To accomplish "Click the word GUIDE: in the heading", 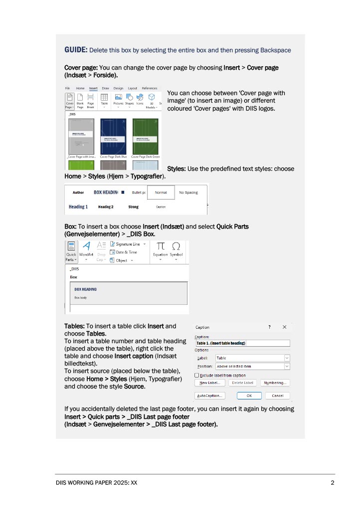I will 76,50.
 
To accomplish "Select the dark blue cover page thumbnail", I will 113,136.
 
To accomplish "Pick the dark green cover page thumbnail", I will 146,136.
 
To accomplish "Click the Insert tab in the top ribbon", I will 93,88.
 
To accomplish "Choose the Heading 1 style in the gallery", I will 78,207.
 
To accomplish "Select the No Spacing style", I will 188,192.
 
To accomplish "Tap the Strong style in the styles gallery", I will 133,207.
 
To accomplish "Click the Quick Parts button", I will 71,252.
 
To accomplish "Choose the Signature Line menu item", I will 127,244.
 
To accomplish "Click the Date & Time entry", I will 126,252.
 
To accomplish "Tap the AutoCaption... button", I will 209,395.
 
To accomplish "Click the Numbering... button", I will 275,383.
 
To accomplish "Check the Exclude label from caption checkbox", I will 196,375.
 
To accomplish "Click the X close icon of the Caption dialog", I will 284,327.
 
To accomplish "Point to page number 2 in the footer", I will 332,483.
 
